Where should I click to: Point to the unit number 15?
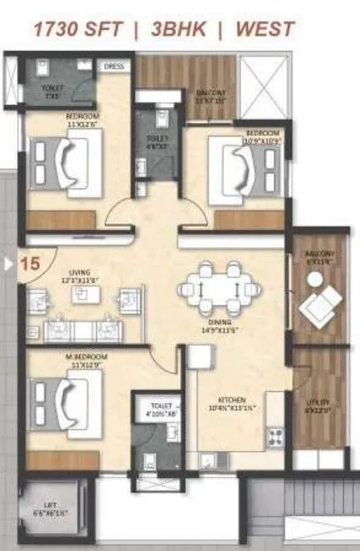(29, 264)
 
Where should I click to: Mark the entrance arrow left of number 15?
(9, 264)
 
